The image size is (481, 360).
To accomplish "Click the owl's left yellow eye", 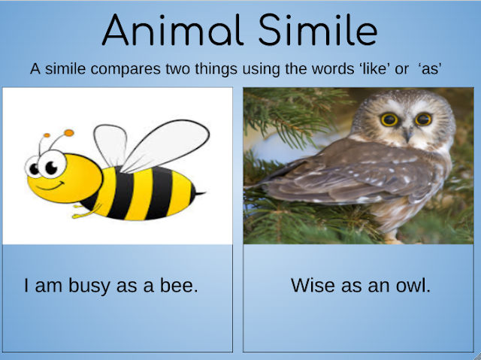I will point(390,119).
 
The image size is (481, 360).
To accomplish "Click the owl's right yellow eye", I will point(424,119).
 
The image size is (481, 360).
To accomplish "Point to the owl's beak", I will point(408,133).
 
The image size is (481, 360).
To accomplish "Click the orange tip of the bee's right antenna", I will point(69,134).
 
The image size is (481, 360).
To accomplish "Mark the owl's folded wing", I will point(338,177).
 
